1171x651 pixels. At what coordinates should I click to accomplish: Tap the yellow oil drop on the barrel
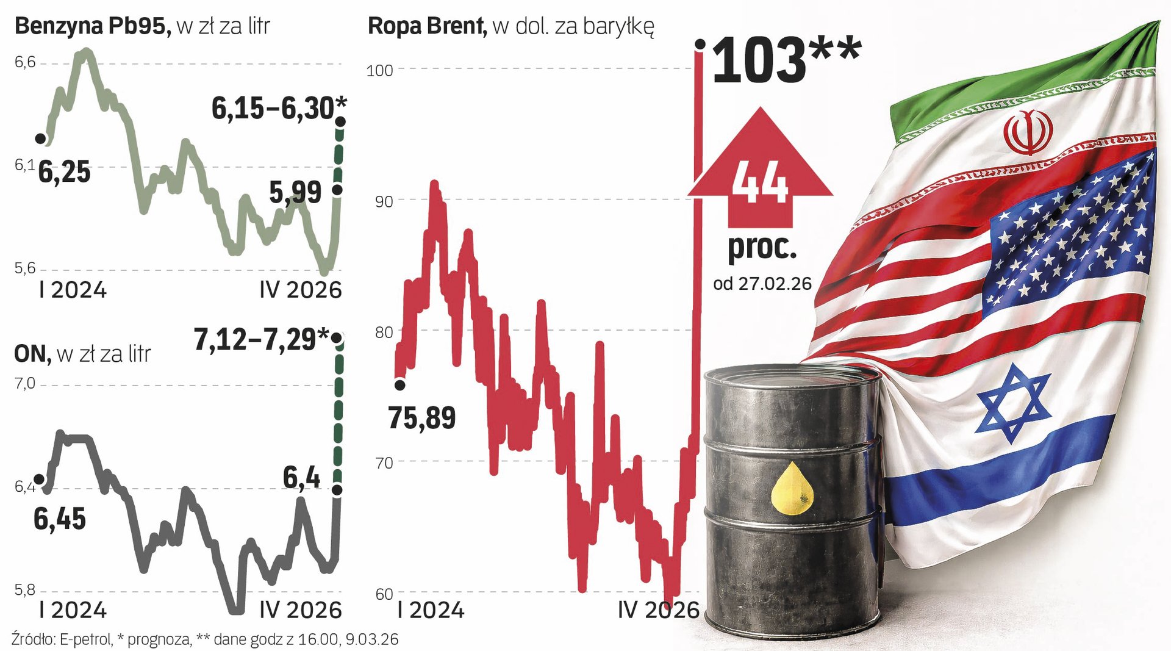(792, 487)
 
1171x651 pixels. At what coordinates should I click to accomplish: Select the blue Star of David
(1013, 403)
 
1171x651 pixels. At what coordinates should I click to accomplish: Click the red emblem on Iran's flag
(1028, 132)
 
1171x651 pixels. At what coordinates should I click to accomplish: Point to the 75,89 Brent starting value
(421, 419)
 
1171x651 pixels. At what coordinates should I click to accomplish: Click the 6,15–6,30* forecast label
(278, 109)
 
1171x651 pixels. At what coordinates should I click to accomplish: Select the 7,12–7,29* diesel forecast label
(261, 339)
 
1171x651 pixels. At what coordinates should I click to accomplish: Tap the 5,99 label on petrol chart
(295, 193)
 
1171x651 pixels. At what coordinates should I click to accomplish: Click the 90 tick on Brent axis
(384, 201)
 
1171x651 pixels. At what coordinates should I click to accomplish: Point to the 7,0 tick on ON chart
(24, 384)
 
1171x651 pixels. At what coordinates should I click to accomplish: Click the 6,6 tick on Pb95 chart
(25, 62)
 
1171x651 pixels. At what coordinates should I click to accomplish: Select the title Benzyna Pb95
(92, 26)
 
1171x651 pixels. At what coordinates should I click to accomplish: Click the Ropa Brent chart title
(426, 26)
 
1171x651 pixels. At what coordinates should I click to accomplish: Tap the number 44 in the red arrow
(760, 182)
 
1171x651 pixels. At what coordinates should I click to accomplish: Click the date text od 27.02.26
(762, 284)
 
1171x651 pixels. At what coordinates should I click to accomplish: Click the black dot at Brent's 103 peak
(700, 44)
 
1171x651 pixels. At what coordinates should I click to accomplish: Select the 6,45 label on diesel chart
(59, 519)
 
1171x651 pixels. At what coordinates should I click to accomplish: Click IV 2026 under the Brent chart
(658, 610)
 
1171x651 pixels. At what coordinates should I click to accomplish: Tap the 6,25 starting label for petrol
(64, 172)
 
